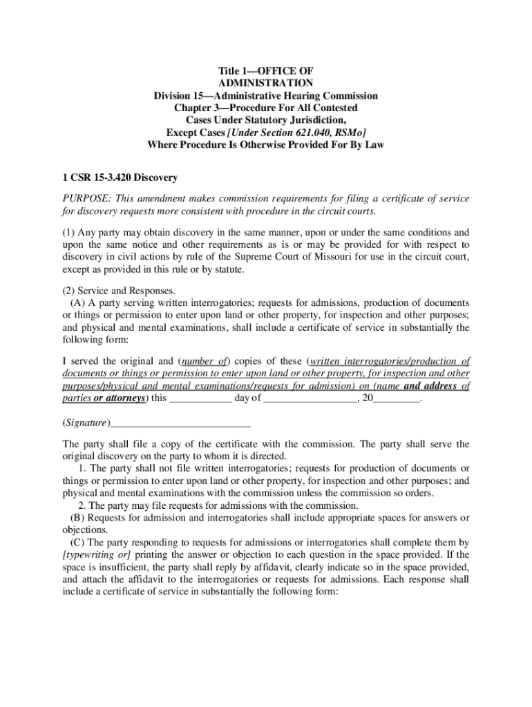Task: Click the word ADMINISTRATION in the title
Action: [266, 83]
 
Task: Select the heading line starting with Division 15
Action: [266, 95]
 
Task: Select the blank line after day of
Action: [310, 400]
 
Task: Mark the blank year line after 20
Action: [396, 400]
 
